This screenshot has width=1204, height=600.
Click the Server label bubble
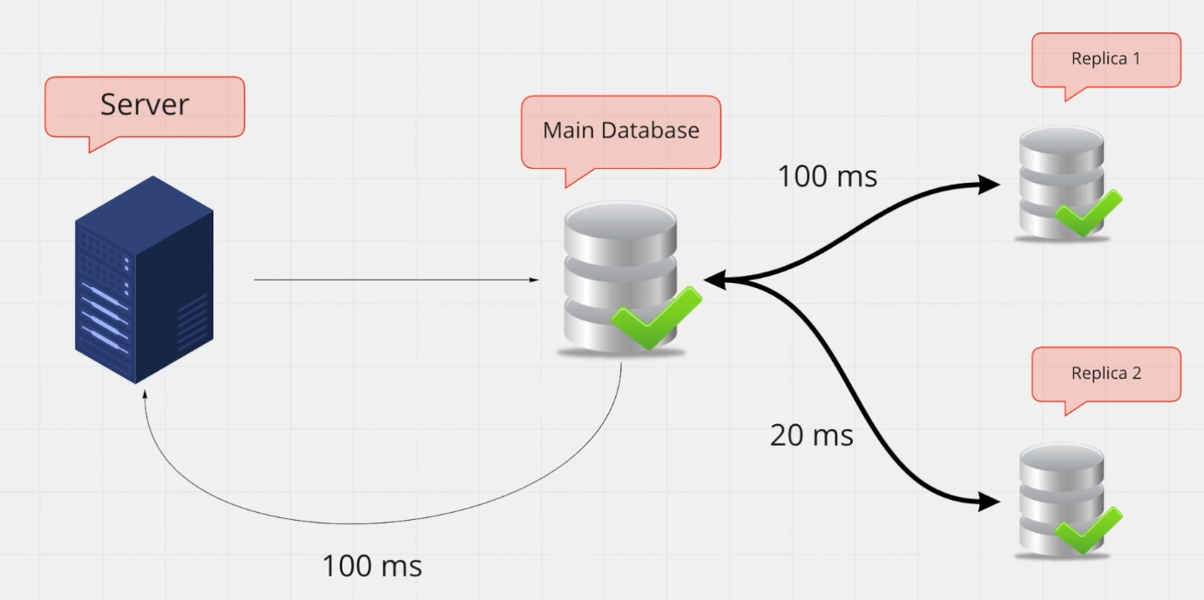pyautogui.click(x=145, y=105)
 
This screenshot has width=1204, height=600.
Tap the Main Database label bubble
pyautogui.click(x=620, y=131)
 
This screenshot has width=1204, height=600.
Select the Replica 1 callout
pyautogui.click(x=1106, y=59)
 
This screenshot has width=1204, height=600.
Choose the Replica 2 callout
pyautogui.click(x=1106, y=374)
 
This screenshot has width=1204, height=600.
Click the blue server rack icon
pyautogui.click(x=144, y=279)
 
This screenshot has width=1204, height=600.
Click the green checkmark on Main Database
pyautogui.click(x=655, y=317)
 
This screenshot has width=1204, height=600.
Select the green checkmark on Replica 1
pyautogui.click(x=1087, y=212)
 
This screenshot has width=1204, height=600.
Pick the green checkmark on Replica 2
pyautogui.click(x=1087, y=529)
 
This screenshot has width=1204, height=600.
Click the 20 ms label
pyautogui.click(x=811, y=435)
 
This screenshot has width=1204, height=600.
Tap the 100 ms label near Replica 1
pyautogui.click(x=827, y=177)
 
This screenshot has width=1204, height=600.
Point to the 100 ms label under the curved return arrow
pyautogui.click(x=372, y=566)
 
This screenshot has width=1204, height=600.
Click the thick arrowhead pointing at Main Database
pyautogui.click(x=714, y=280)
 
